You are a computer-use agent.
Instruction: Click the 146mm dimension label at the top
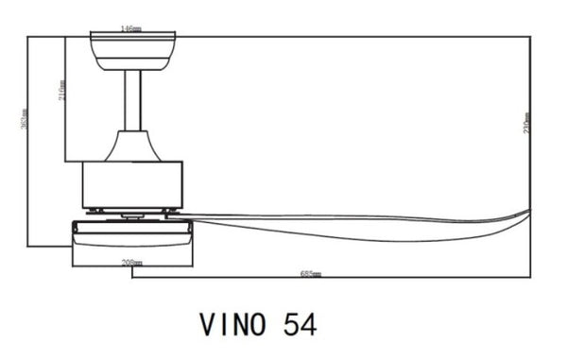point(132,29)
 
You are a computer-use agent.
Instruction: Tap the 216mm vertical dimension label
point(61,92)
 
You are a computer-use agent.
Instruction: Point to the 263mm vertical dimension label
point(23,121)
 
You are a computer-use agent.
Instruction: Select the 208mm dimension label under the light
point(132,262)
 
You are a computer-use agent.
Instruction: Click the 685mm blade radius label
point(311,274)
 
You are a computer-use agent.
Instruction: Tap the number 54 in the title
point(301,324)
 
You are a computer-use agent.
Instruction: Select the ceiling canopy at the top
point(133,47)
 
